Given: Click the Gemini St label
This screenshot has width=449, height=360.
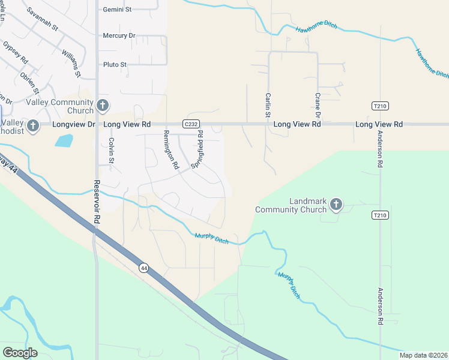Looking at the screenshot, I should pyautogui.click(x=117, y=10).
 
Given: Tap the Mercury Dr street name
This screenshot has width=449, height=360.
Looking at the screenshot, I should pyautogui.click(x=119, y=35).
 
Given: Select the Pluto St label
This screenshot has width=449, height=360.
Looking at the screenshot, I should pyautogui.click(x=115, y=64).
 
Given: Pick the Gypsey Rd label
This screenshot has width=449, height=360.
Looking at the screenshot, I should pyautogui.click(x=15, y=53).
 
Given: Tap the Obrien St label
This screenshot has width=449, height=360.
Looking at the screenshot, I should pyautogui.click(x=29, y=82).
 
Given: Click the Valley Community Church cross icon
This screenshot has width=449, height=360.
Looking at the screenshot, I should pyautogui.click(x=103, y=106).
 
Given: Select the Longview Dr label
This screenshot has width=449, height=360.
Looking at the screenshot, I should pyautogui.click(x=74, y=124).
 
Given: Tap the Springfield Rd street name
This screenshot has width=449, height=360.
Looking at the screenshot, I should pyautogui.click(x=197, y=148).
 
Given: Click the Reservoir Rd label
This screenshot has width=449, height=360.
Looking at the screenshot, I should pyautogui.click(x=96, y=202).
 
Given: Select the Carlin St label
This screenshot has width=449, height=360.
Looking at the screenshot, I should pyautogui.click(x=268, y=104).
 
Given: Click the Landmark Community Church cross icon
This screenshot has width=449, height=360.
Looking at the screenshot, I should pyautogui.click(x=336, y=205).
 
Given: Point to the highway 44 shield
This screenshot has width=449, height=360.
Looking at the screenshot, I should pyautogui.click(x=143, y=268).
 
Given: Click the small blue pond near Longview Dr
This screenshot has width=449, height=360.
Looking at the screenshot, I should pyautogui.click(x=64, y=141).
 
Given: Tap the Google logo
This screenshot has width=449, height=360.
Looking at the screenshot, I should pyautogui.click(x=20, y=353).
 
